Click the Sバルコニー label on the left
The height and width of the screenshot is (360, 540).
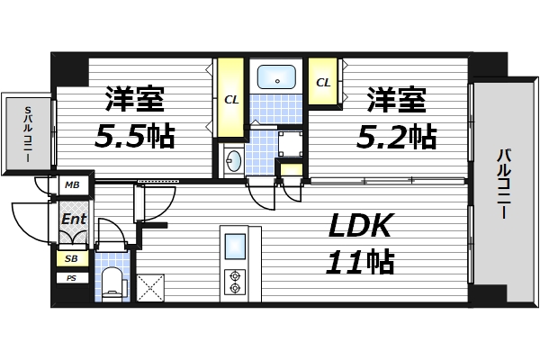(26, 133)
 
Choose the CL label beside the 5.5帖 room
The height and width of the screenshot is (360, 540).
(231, 99)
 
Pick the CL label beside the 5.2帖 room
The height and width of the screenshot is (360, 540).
(322, 82)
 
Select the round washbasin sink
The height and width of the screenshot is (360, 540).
(233, 162)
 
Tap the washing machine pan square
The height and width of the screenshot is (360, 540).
(290, 143)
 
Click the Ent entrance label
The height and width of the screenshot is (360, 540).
(72, 218)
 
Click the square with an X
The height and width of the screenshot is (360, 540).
(149, 287)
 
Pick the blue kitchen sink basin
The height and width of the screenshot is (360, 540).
(235, 246)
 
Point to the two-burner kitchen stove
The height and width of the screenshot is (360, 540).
(235, 282)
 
